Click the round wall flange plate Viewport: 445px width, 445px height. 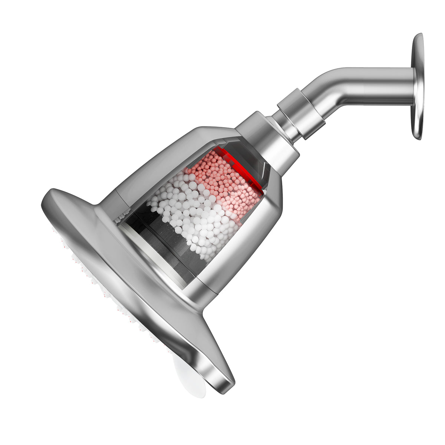coord(418,86)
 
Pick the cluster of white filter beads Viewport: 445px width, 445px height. coord(193,215)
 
